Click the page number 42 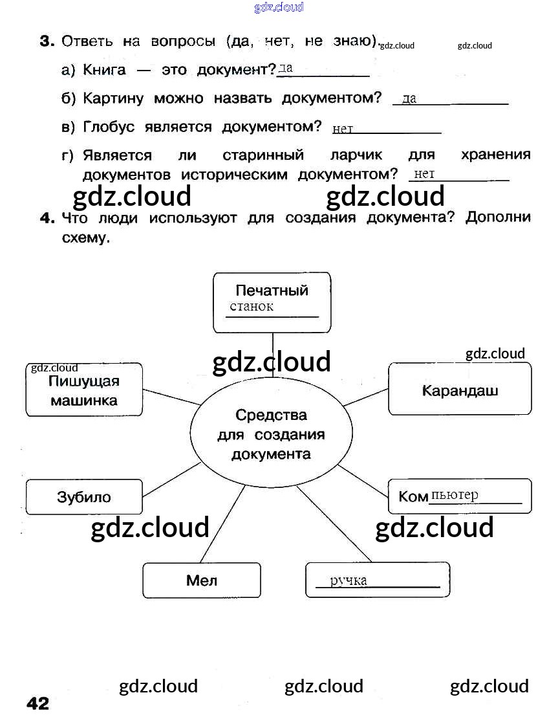pyautogui.click(x=38, y=703)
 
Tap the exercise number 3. pyautogui.click(x=46, y=41)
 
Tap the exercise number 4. pyautogui.click(x=46, y=218)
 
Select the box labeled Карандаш pyautogui.click(x=460, y=390)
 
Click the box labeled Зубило pyautogui.click(x=84, y=497)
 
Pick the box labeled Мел pyautogui.click(x=202, y=580)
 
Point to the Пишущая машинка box pyautogui.click(x=84, y=390)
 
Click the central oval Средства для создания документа pyautogui.click(x=272, y=434)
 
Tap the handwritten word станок pyautogui.click(x=252, y=307)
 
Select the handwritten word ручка pyautogui.click(x=349, y=580)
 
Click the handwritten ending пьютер pyautogui.click(x=455, y=495)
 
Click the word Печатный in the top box pyautogui.click(x=272, y=290)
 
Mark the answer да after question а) pyautogui.click(x=285, y=68)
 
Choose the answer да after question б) pyautogui.click(x=409, y=98)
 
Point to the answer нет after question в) pyautogui.click(x=343, y=129)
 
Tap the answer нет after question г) pyautogui.click(x=424, y=173)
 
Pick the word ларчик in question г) pyautogui.click(x=356, y=155)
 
